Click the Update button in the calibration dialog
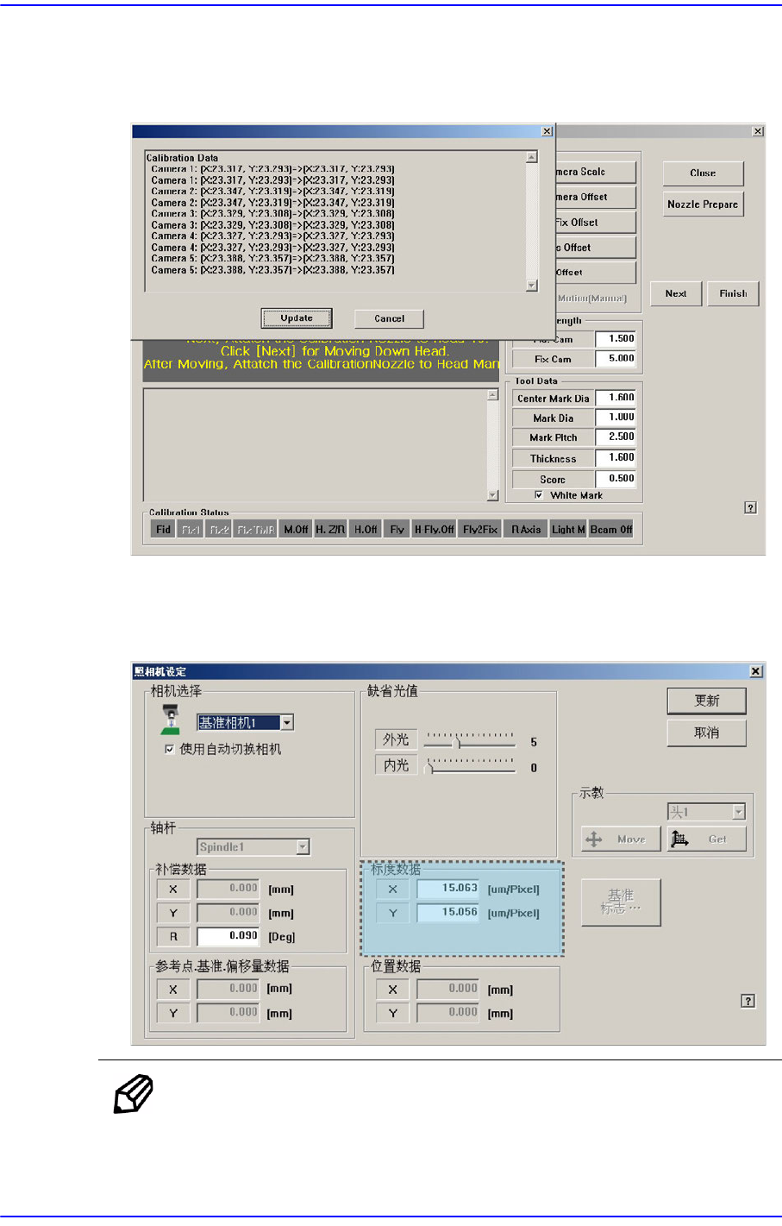coord(297,318)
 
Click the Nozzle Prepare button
coord(703,204)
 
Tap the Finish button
coord(733,293)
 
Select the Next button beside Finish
coord(676,293)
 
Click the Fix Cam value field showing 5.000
coord(616,359)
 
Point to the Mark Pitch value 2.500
coord(616,437)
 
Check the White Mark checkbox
coord(539,495)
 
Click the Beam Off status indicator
coord(610,530)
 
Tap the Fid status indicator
coord(163,530)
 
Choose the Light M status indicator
coord(568,530)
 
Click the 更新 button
coord(706,701)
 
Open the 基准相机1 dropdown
coord(287,723)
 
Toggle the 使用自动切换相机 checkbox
coord(170,749)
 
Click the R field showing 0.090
coord(228,936)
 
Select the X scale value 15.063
coord(447,889)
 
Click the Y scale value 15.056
coord(447,913)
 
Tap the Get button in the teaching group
coord(707,839)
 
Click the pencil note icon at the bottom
coord(134,1094)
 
